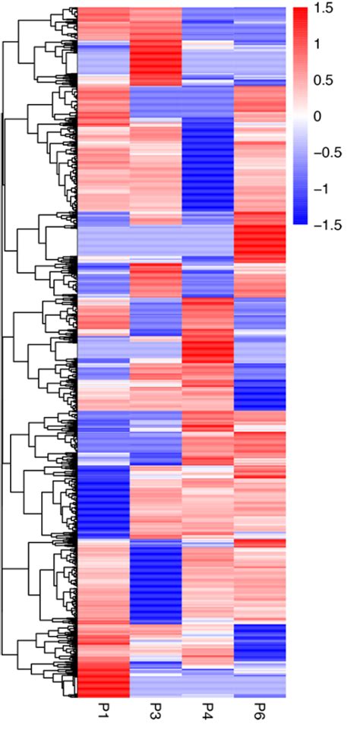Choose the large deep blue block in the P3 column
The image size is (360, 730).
tap(156, 581)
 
